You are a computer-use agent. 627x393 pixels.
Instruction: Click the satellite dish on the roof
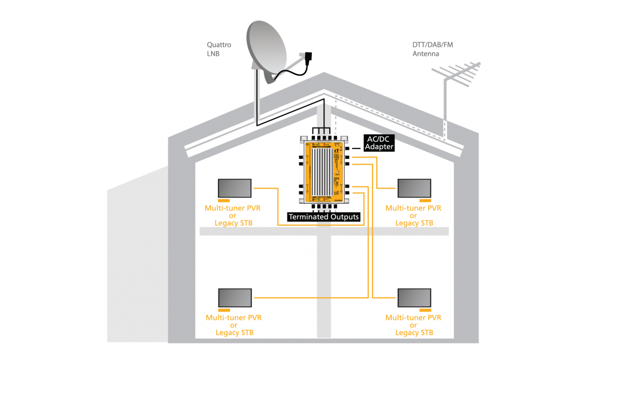267,50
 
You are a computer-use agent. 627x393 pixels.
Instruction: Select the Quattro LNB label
218,49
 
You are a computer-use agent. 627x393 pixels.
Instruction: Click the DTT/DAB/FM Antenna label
433,49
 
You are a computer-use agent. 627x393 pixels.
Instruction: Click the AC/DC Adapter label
379,143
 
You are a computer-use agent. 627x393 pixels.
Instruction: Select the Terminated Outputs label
324,216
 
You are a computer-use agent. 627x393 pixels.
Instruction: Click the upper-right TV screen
414,188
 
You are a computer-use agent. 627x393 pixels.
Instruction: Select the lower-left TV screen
235,298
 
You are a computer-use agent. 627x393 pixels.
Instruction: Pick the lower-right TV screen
414,298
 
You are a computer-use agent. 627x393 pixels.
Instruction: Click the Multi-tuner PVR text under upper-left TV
233,208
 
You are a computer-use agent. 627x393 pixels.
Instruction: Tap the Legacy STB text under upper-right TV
414,223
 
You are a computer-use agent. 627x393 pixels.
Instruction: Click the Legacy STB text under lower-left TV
234,333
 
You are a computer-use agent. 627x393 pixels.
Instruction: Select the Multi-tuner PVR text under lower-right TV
413,318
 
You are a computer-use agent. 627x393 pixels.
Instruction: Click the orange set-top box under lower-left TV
225,310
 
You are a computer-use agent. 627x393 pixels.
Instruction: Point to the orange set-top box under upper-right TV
424,200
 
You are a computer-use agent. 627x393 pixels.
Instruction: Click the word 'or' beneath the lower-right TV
413,325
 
